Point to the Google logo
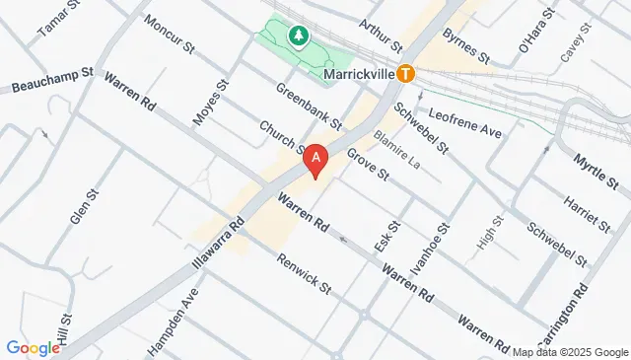point(33,347)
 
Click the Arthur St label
point(382,35)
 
